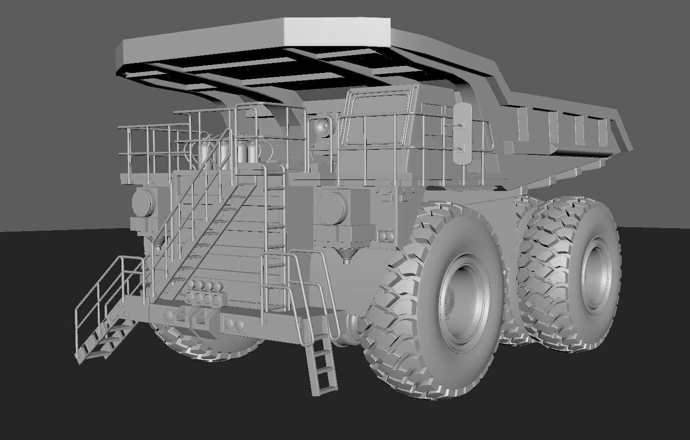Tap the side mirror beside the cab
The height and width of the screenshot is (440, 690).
(x=463, y=134)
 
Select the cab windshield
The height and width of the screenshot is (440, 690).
(x=377, y=117)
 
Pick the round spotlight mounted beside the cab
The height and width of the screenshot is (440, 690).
(x=323, y=127)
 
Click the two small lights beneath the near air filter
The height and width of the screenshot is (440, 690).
(x=385, y=235)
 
